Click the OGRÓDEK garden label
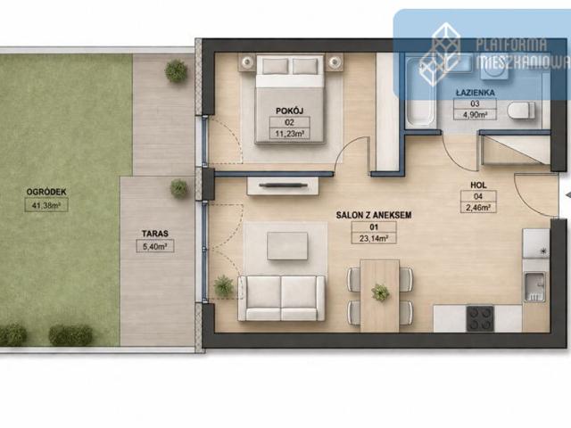(x=46, y=192)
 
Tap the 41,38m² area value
(x=46, y=205)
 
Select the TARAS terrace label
(x=155, y=234)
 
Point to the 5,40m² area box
(x=155, y=246)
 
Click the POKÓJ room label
(x=289, y=111)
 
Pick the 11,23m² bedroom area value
(x=289, y=134)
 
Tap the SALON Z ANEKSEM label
(x=374, y=215)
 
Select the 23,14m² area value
(x=374, y=239)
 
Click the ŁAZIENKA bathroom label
(x=476, y=93)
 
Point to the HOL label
(x=478, y=185)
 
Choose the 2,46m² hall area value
(x=478, y=208)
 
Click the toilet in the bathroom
(x=521, y=111)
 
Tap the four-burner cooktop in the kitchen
(x=480, y=318)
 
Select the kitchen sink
(x=534, y=286)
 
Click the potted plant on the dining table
(x=380, y=292)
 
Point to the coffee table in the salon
(x=287, y=246)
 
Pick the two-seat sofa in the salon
(x=281, y=299)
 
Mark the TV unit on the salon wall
(x=283, y=185)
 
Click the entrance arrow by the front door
(x=568, y=195)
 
